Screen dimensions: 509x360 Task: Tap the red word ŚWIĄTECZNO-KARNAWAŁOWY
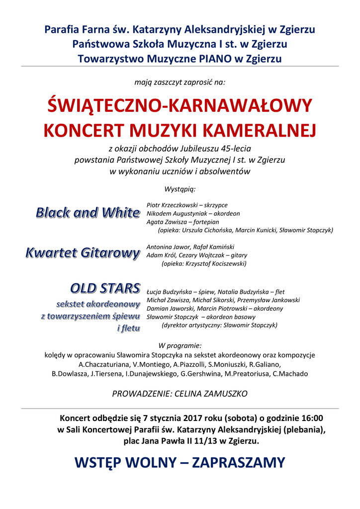[x=180, y=105]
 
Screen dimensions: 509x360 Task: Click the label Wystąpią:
[x=180, y=189]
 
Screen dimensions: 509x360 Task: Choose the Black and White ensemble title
[x=88, y=213]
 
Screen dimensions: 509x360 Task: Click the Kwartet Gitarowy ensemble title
[x=83, y=253]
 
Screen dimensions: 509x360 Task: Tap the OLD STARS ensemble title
[x=105, y=288]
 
